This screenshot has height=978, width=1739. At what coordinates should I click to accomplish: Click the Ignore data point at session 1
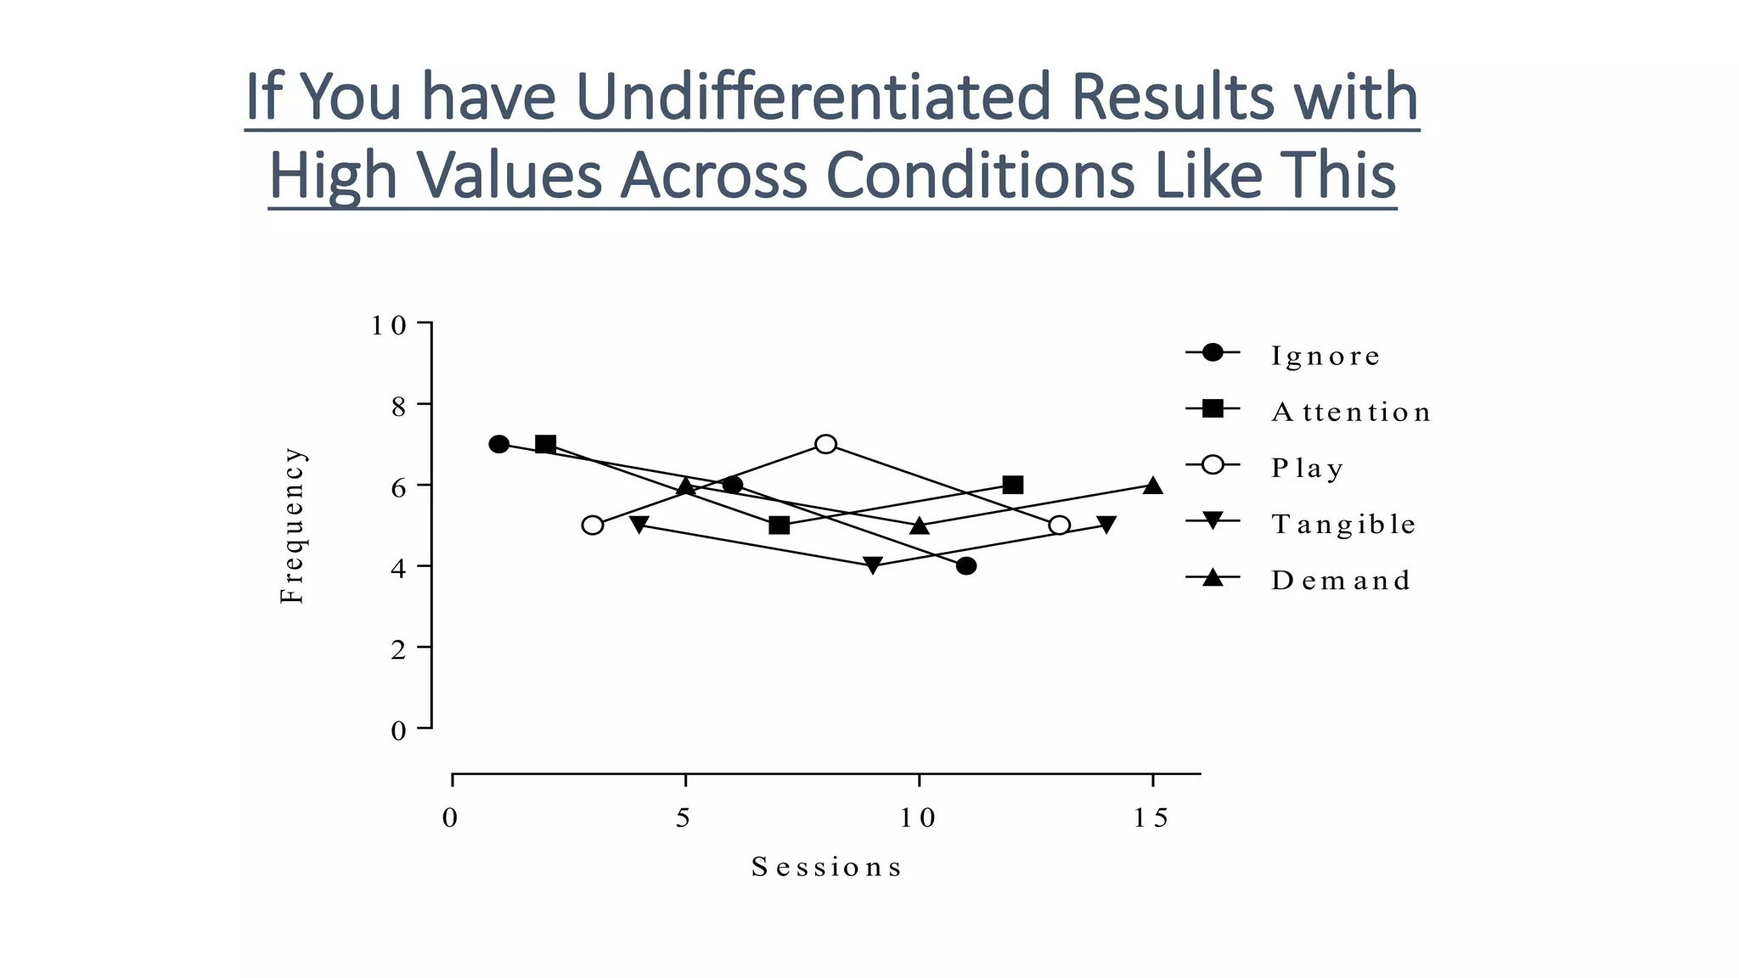[499, 444]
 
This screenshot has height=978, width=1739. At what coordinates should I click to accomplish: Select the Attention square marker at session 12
[1012, 485]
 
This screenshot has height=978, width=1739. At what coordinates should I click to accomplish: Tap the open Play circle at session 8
[825, 444]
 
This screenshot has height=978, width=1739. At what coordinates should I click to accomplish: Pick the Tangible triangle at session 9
[872, 565]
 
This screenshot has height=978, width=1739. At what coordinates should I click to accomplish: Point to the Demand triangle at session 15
[1152, 486]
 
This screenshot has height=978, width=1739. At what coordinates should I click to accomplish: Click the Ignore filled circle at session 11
[965, 566]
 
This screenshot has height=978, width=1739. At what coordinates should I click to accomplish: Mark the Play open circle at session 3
[593, 526]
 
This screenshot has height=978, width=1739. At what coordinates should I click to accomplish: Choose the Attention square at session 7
[779, 526]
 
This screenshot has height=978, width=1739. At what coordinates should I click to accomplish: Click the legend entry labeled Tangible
[1343, 524]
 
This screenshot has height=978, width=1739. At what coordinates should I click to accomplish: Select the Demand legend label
[1341, 580]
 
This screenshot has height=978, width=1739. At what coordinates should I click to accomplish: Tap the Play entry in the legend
[1307, 468]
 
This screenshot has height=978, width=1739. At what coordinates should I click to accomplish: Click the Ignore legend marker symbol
[1213, 352]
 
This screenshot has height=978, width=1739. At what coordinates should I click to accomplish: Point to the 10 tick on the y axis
[387, 325]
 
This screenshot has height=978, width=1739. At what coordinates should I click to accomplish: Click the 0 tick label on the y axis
[398, 730]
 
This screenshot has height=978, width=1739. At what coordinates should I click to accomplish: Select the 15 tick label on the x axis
[1151, 818]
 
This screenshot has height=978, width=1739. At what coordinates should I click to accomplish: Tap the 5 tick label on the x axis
[684, 818]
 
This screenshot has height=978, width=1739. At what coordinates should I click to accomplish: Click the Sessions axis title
[826, 867]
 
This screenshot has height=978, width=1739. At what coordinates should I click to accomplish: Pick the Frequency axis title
[291, 526]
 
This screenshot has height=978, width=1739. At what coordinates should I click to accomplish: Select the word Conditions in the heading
[980, 175]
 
